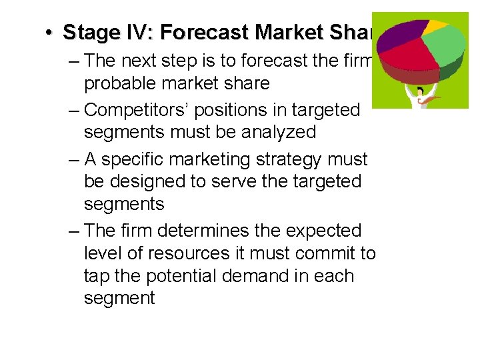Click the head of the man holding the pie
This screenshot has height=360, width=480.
pyautogui.click(x=421, y=91)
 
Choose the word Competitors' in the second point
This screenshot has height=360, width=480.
pyautogui.click(x=137, y=109)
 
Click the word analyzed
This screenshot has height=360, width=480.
pyautogui.click(x=273, y=132)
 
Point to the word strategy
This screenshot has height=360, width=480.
pyautogui.click(x=280, y=159)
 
